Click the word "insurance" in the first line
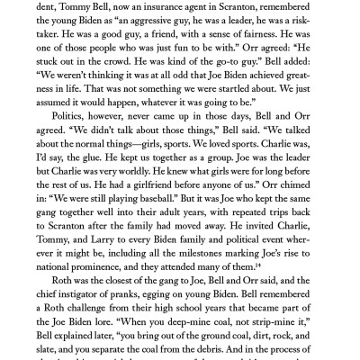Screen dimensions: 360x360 165,8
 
